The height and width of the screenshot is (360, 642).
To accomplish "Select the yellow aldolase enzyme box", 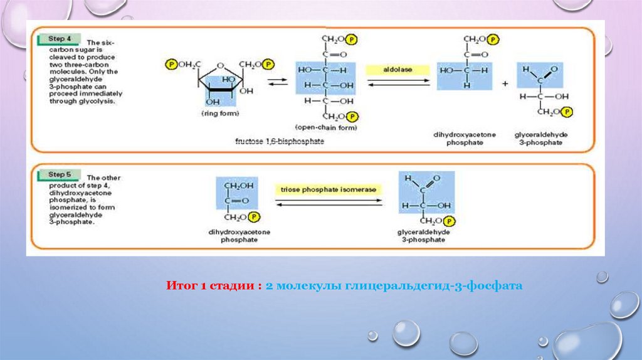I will click(397, 70).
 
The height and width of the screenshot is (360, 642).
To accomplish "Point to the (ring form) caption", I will click(216, 114).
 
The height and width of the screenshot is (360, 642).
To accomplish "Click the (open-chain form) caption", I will click(330, 128).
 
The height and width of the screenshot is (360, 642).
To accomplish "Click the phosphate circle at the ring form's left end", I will click(171, 65).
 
